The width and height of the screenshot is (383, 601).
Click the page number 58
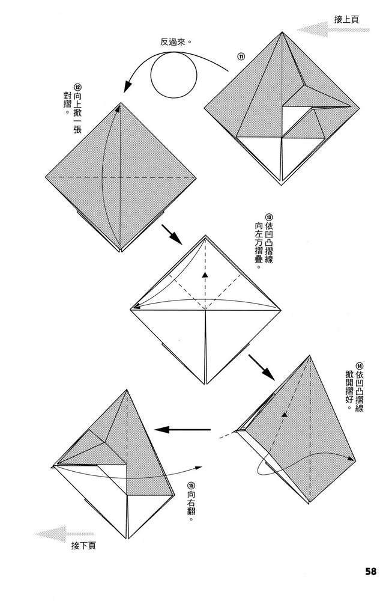(370, 572)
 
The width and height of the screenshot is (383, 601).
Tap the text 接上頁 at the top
(346, 19)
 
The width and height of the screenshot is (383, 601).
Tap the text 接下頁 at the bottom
(83, 546)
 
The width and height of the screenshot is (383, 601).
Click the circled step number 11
(241, 56)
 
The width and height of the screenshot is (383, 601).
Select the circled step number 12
(77, 87)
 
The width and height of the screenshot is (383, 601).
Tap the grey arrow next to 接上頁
(333, 29)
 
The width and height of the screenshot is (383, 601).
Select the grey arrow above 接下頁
(63, 534)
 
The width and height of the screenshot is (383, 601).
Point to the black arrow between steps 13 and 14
(262, 367)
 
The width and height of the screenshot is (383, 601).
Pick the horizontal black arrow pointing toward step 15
(182, 430)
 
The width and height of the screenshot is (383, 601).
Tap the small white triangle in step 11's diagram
(296, 121)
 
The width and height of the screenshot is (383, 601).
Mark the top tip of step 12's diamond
(121, 103)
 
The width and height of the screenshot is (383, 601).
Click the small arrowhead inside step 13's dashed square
(206, 275)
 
